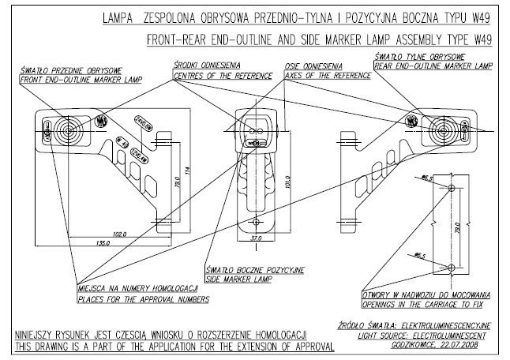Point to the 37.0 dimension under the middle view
(x=255, y=237)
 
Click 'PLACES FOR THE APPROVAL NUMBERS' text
(x=142, y=300)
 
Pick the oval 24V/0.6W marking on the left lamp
(x=143, y=122)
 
